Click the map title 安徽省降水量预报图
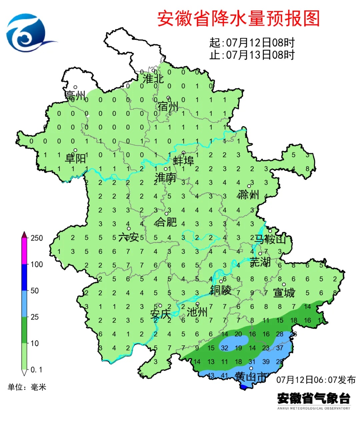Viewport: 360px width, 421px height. coord(238,19)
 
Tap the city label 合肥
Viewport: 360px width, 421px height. coord(166,222)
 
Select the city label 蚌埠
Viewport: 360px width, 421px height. coord(183,161)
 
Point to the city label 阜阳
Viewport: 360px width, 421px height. coord(75,158)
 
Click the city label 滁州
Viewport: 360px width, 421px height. coord(248,195)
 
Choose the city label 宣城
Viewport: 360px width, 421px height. coord(284,293)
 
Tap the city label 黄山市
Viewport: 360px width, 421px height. coord(251,377)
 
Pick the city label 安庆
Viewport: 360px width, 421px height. coord(160,314)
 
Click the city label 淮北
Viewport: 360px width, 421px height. coord(153,79)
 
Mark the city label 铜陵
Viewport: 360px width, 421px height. coord(220,290)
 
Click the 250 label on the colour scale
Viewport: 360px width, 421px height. coord(37,238)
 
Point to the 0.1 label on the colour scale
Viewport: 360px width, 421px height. coord(36,370)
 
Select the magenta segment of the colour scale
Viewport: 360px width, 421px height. coord(24,251)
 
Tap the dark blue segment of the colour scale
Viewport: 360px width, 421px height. coord(24,277)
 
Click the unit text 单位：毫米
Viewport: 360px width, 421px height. coord(27,387)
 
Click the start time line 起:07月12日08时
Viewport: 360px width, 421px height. coord(252,43)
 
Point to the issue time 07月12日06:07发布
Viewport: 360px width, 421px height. coord(316,380)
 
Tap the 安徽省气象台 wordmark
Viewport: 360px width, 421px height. coord(314,398)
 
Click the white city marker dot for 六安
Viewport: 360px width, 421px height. coord(129,229)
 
